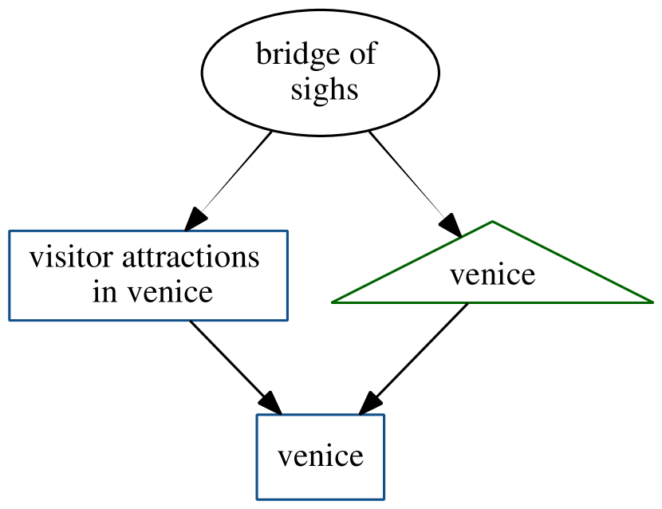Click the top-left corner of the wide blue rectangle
(x=10, y=231)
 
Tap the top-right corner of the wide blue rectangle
(x=287, y=231)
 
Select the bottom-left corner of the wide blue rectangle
(x=10, y=321)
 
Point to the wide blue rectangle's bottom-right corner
(x=287, y=321)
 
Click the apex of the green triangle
(x=493, y=221)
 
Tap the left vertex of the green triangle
(x=332, y=302)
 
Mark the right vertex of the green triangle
(x=653, y=302)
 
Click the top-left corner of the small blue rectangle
(x=257, y=415)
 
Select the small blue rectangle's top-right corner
(x=384, y=415)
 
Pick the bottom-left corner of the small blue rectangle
(x=257, y=499)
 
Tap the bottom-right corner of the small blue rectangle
(x=384, y=499)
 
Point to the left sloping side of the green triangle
(x=412, y=262)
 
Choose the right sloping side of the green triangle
(x=573, y=262)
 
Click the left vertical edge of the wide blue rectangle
(x=10, y=275)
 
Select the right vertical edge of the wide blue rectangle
(x=287, y=275)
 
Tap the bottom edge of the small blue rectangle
(x=321, y=499)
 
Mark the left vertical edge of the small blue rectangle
(x=257, y=457)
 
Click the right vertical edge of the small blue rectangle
(x=384, y=457)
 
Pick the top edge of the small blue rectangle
(x=321, y=415)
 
